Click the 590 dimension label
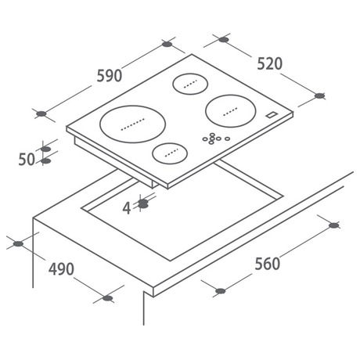pyautogui.click(x=110, y=76)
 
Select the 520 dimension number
pyautogui.click(x=270, y=63)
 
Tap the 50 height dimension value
pyautogui.click(x=27, y=159)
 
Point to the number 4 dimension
pyautogui.click(x=127, y=208)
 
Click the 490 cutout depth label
pyautogui.click(x=61, y=269)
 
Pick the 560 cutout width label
pyautogui.click(x=268, y=264)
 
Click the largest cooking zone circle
pyautogui.click(x=133, y=124)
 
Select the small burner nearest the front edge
pyautogui.click(x=170, y=153)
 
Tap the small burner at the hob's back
pyautogui.click(x=190, y=84)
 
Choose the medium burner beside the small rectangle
pyautogui.click(x=231, y=111)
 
